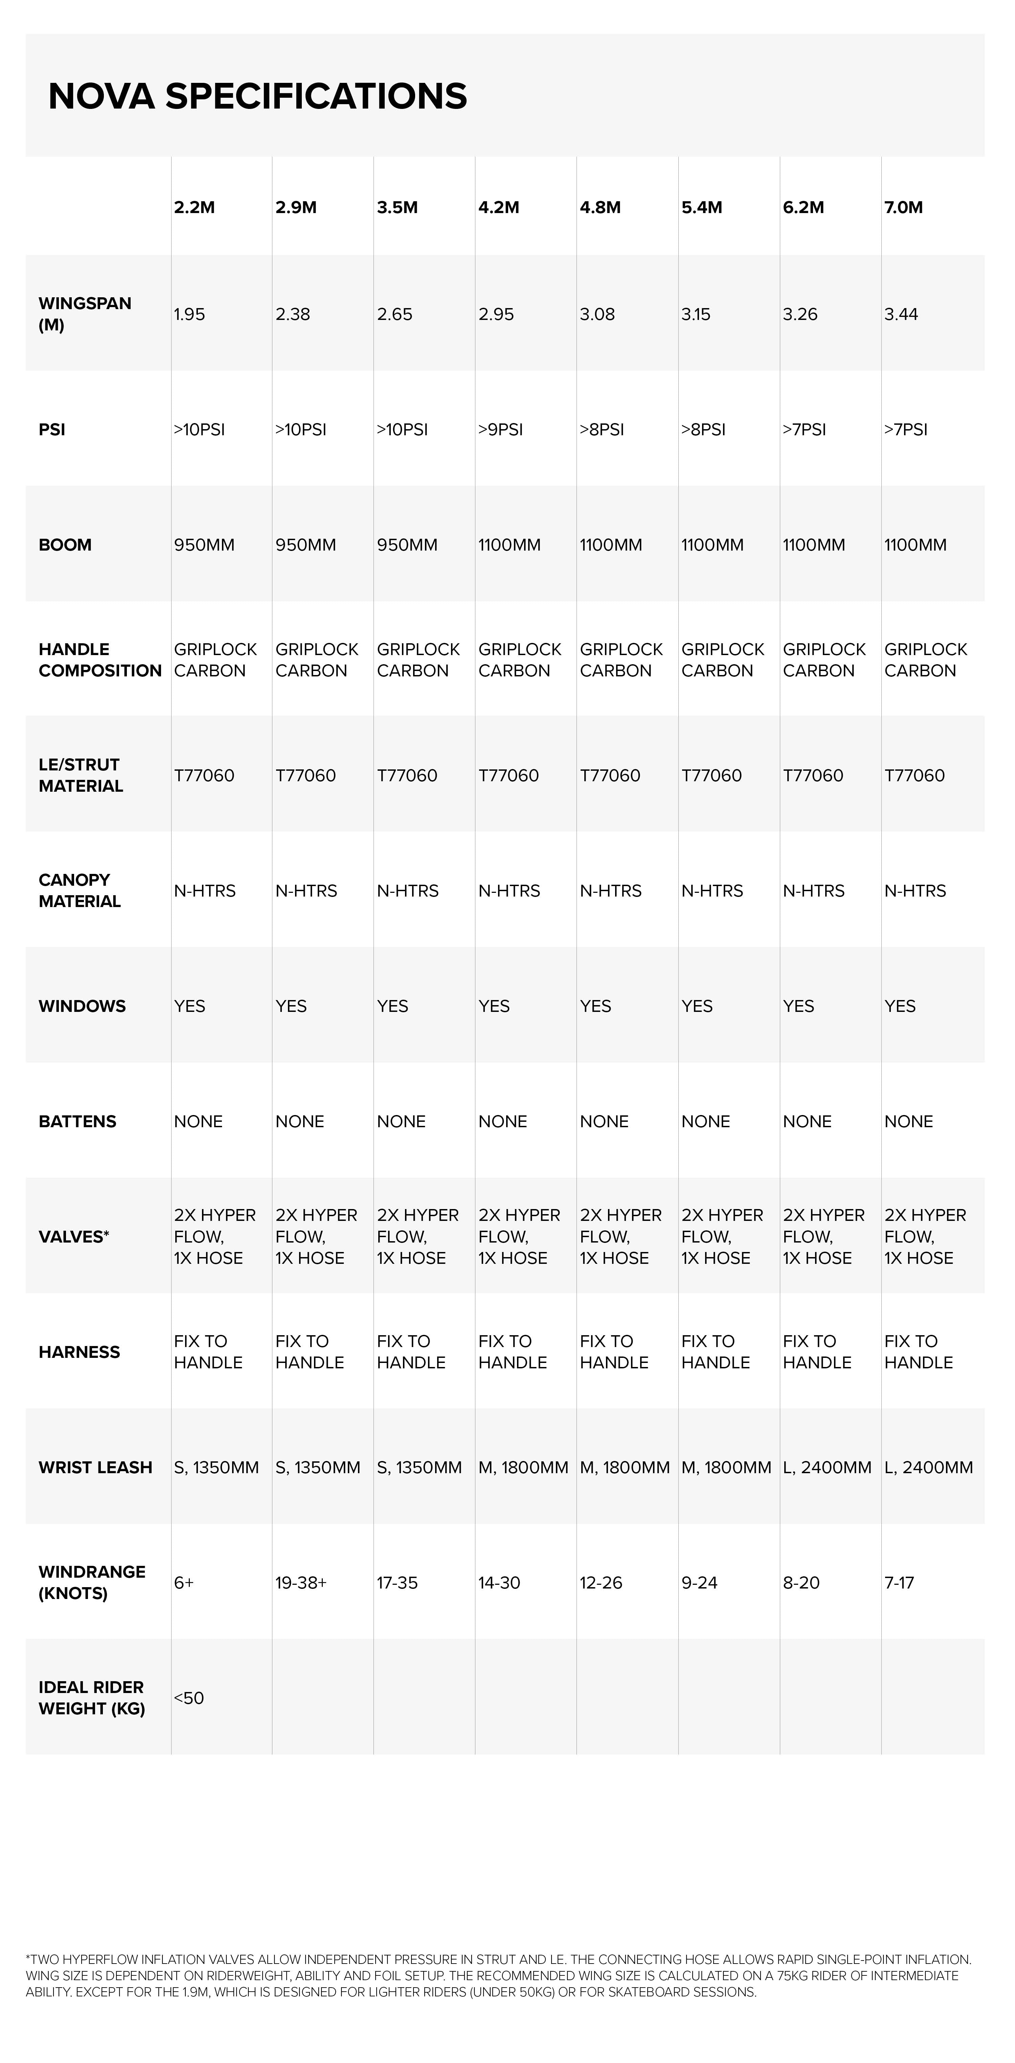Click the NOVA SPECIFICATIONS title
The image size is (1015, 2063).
257,96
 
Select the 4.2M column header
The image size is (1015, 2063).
498,207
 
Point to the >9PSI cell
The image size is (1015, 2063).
501,429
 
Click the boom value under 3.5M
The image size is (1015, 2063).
407,544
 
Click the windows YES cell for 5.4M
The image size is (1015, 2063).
697,1006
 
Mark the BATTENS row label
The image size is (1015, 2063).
77,1121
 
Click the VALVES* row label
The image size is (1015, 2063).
74,1236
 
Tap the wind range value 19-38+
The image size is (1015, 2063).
300,1582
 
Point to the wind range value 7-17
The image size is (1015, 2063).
899,1582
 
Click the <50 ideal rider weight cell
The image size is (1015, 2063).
189,1698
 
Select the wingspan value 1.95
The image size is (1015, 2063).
189,314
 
